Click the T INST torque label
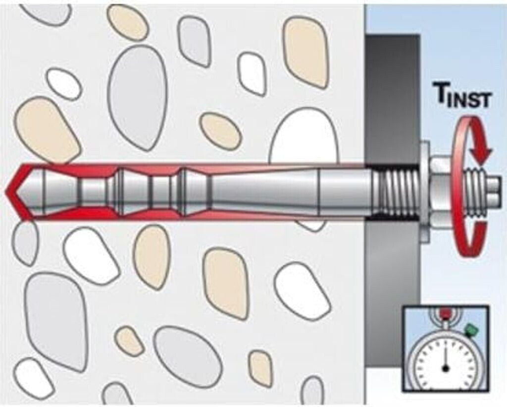(x=461, y=96)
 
